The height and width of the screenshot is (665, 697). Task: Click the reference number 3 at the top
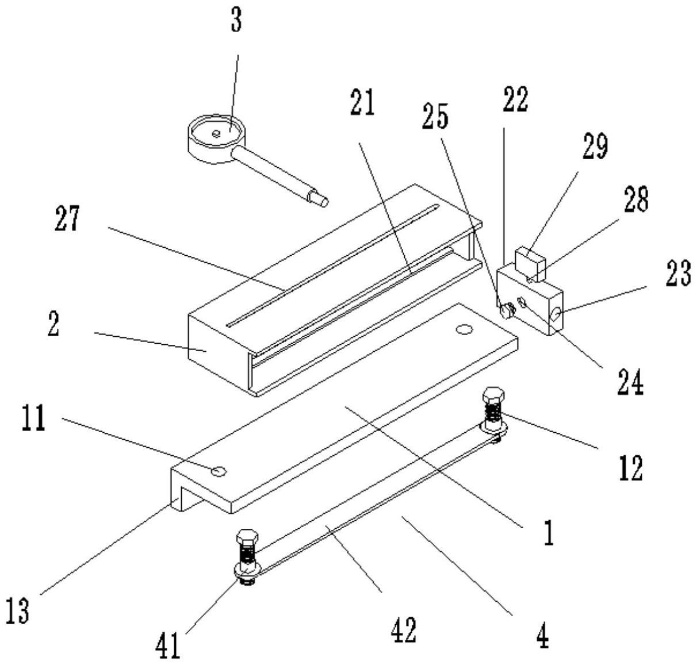point(236,20)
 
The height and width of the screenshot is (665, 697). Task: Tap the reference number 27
point(67,220)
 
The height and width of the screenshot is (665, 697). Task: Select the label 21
point(361,102)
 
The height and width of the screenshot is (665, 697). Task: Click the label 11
point(33,420)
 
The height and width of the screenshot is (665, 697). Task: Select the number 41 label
point(168,644)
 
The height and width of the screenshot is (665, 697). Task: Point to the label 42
point(403,630)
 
